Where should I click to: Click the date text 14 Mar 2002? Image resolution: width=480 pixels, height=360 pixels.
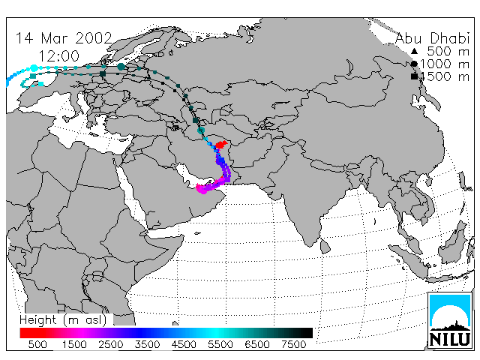64,38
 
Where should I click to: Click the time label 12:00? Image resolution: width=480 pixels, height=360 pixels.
58,56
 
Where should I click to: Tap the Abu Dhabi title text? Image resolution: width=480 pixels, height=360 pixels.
432,38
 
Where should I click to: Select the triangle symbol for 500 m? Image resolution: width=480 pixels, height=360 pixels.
414,51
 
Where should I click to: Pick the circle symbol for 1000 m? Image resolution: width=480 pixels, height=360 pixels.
414,64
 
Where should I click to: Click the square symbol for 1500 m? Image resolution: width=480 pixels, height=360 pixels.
414,76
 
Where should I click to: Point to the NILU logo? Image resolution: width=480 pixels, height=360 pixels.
450,320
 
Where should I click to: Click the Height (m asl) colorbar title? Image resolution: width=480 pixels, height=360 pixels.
63,320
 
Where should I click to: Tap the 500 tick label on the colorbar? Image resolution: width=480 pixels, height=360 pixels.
37,344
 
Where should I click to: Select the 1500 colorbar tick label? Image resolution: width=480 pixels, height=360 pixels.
74,344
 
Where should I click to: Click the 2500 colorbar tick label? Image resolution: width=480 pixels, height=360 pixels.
110,344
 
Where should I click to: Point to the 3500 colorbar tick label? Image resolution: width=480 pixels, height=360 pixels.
147,344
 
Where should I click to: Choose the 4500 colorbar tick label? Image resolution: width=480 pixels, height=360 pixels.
184,344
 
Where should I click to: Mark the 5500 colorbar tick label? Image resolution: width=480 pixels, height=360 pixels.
220,344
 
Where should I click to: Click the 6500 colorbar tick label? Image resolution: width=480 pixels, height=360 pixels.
257,344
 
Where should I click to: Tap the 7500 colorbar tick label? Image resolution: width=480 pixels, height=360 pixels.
293,344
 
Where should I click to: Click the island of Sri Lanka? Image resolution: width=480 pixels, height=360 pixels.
325,247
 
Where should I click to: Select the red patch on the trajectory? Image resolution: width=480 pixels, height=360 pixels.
222,144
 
